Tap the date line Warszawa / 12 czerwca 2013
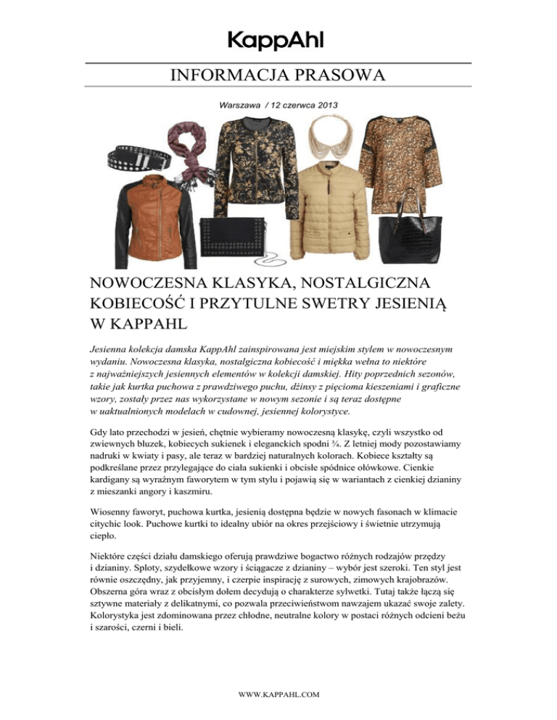[278, 105]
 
